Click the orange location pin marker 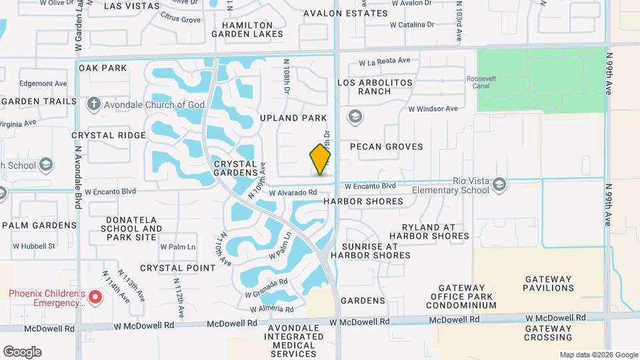[x=321, y=159]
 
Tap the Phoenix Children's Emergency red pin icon [x=95, y=296]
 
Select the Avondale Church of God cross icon [x=93, y=104]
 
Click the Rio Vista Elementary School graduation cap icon [x=499, y=183]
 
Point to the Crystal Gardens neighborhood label [x=235, y=168]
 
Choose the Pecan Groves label [x=391, y=146]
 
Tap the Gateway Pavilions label [x=549, y=284]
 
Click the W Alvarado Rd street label [x=293, y=193]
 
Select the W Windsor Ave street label [x=433, y=109]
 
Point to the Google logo [x=22, y=351]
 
